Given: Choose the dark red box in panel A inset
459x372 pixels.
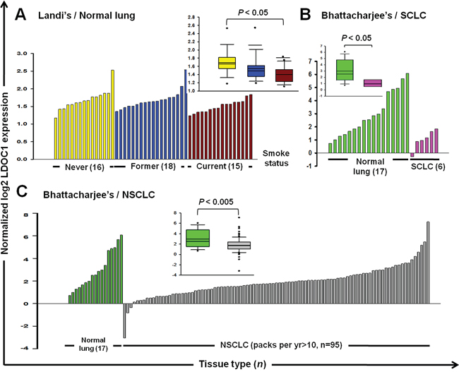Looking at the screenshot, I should (x=283, y=75).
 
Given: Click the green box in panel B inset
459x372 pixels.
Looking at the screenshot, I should (x=345, y=70).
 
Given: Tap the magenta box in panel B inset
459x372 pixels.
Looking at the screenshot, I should (x=372, y=83).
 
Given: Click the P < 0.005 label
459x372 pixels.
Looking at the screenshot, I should (x=218, y=205).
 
